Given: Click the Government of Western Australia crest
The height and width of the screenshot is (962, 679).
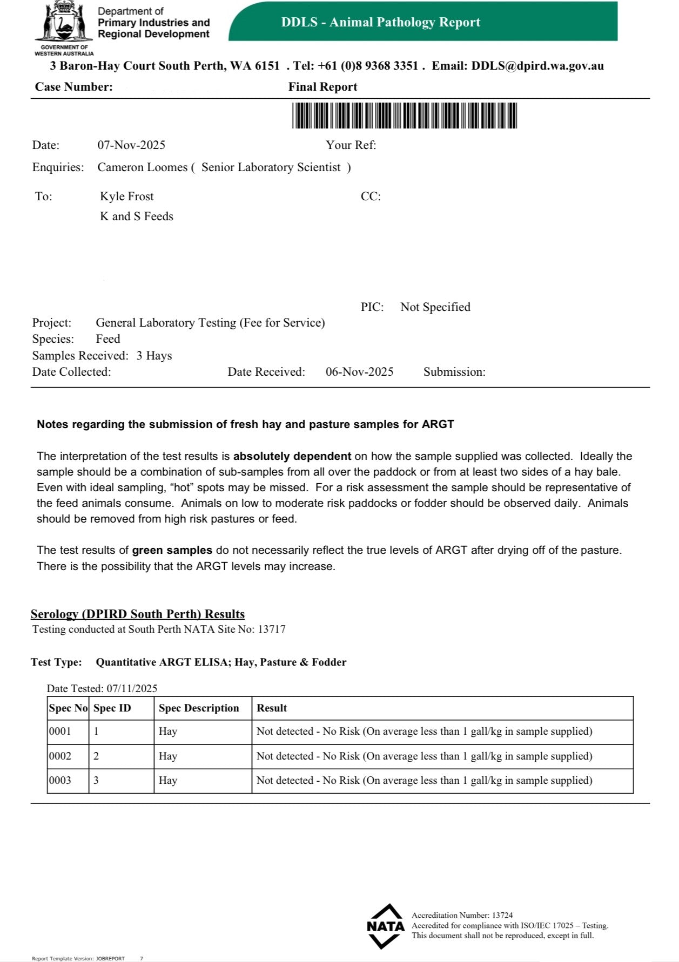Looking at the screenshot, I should pos(64,23).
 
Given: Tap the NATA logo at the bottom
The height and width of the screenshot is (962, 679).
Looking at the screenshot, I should pos(385,926).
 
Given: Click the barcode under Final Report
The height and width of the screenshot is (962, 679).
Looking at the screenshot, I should pos(405,115).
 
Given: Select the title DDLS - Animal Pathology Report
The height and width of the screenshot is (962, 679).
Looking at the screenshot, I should pos(380,22).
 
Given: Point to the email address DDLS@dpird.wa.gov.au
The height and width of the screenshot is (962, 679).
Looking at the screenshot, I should pos(537,66).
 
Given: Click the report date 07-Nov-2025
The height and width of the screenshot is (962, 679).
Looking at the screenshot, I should pos(131,145).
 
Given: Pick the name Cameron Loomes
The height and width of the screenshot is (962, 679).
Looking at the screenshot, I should pos(142,167).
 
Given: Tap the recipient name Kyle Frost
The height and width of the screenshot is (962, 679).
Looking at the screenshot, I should pos(126,197).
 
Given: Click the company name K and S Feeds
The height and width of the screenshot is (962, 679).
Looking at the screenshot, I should pos(137,216).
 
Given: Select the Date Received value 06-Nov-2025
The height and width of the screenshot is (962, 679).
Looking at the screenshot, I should pos(359,372).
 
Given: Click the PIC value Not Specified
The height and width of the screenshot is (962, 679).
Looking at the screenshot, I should pos(435,307).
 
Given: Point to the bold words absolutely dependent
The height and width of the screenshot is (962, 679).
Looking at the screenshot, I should pos(292,456).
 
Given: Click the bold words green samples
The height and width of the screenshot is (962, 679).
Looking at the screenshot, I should pos(172,550).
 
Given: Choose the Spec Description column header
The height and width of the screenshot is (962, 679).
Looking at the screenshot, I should pos(199,708).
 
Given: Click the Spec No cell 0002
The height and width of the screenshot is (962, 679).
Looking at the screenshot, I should pos(60,756).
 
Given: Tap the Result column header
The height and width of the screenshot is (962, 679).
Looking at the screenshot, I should pos(272,708).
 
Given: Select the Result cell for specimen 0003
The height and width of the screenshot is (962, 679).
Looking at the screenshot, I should pos(424,781).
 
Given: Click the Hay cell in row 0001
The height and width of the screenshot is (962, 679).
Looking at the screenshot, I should pos(168,731).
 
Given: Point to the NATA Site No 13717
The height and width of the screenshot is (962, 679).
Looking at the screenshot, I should pos(272,629).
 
